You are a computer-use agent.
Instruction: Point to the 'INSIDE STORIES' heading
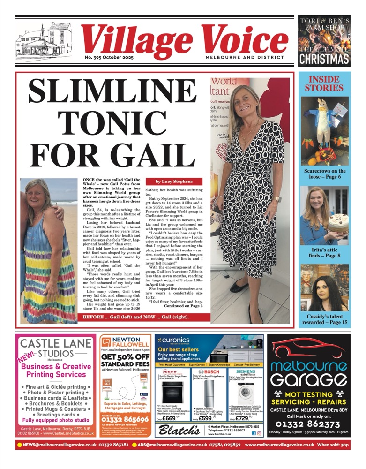[x=324, y=83]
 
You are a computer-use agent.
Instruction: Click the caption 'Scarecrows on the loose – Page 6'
[x=325, y=174]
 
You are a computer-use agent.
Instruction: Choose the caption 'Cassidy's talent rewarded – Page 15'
[x=325, y=320]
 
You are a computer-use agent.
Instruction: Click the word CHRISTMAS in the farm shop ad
[x=324, y=58]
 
